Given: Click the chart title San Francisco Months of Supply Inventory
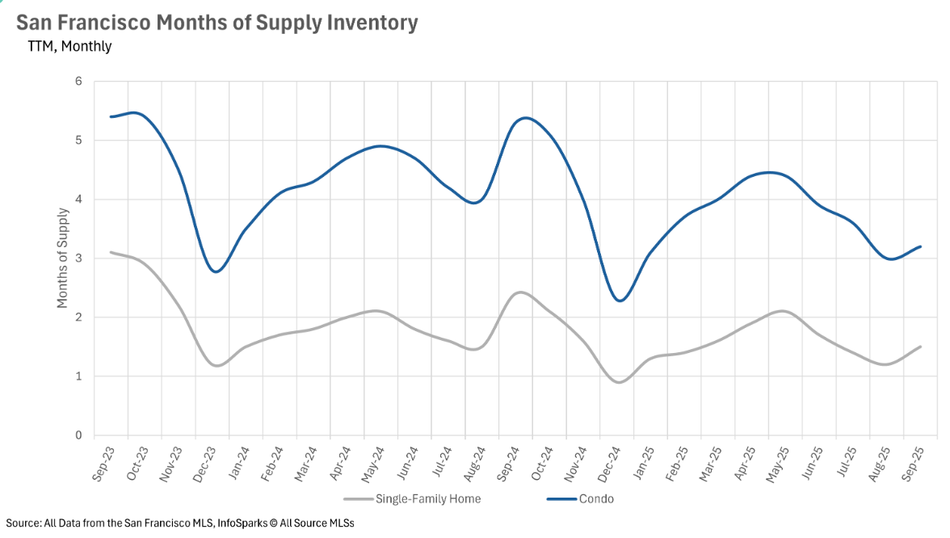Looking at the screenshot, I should [216, 23].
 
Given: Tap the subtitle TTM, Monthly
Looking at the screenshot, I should [69, 46].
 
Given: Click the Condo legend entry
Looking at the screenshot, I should [596, 498].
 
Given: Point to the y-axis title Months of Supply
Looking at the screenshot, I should [63, 258].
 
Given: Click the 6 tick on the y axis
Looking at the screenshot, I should [79, 82].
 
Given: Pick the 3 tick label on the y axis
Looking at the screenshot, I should [79, 258].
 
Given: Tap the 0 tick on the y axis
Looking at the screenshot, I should [79, 435].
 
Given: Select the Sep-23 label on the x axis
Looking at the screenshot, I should [104, 463].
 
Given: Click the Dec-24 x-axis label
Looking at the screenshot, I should [610, 463].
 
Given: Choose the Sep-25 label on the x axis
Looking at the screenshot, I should [914, 463].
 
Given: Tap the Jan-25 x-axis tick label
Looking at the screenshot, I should [644, 463].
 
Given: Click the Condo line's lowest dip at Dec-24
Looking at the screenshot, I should [620, 301].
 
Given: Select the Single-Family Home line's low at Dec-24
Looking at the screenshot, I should [619, 382].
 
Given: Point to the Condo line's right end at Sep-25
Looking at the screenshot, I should [921, 246].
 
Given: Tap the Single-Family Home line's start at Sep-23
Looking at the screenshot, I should [111, 252].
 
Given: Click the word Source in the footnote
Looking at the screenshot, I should [23, 523].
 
